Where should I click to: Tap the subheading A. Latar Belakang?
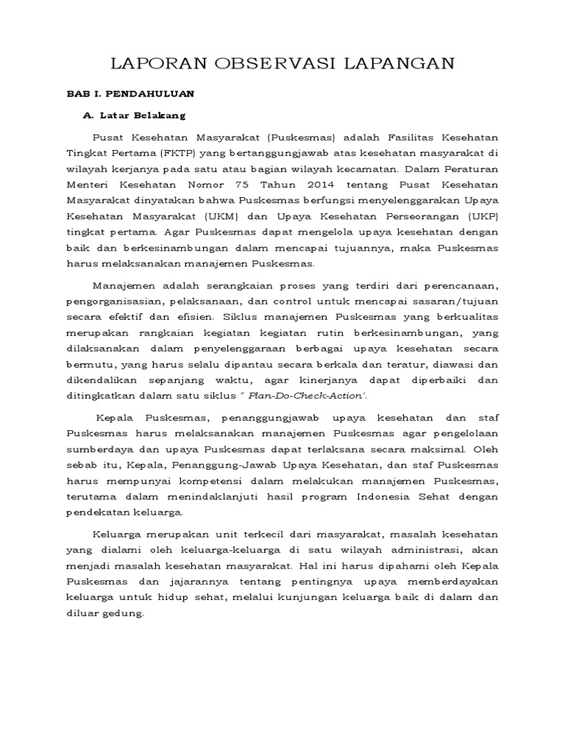click(x=135, y=115)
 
